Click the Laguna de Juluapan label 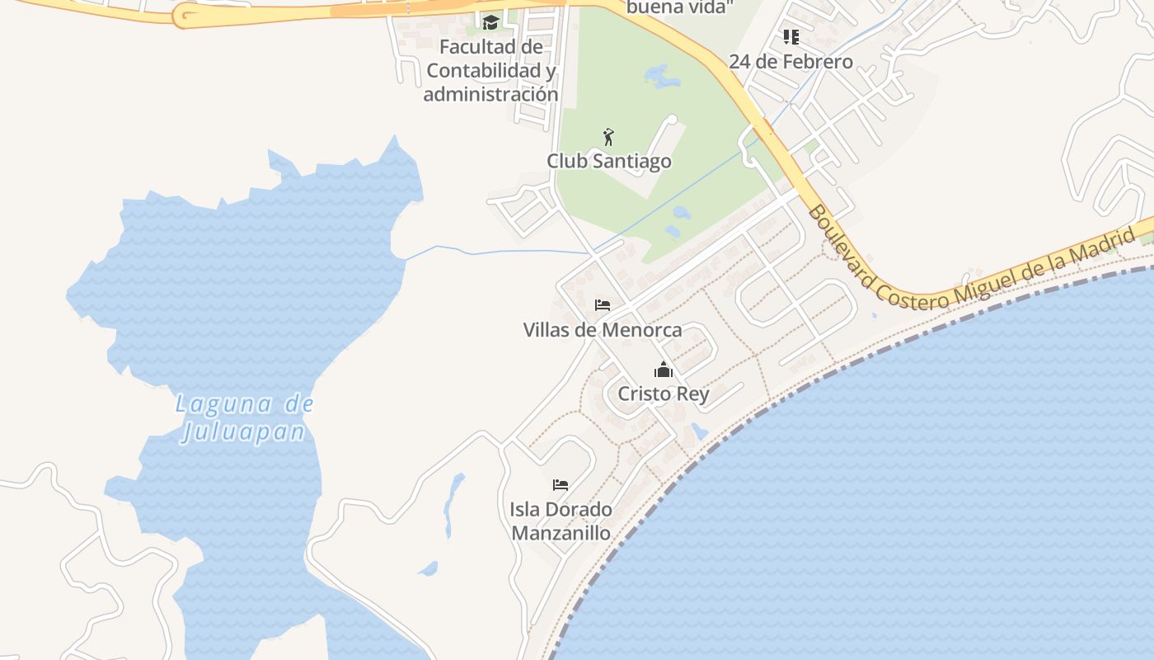245,418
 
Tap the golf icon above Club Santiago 609,137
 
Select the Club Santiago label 609,161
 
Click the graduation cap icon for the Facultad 491,22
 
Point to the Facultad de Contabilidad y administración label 491,71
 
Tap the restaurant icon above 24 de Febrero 791,37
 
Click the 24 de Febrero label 791,62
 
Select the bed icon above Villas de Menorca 603,305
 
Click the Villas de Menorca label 603,330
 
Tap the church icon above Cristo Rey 664,370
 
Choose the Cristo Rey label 664,394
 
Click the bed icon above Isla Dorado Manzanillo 561,485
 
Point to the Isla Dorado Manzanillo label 561,521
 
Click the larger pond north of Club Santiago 662,77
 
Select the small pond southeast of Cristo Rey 700,431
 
